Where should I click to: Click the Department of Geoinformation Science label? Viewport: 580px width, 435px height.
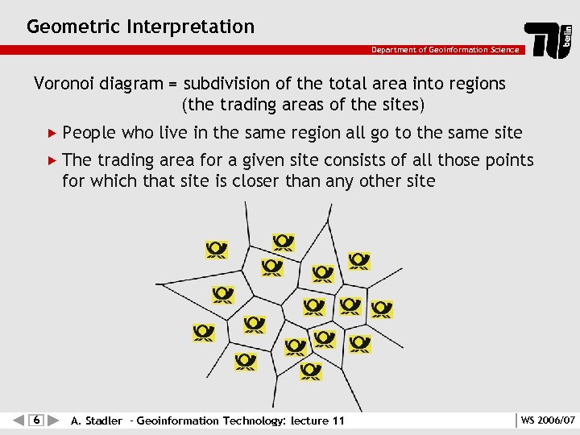[x=445, y=50]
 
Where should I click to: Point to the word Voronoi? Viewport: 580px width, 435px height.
[x=63, y=84]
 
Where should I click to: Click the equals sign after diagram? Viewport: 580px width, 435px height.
[x=173, y=85]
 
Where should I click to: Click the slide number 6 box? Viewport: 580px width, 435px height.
[x=36, y=420]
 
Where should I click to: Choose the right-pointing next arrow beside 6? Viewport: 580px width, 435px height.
[x=53, y=420]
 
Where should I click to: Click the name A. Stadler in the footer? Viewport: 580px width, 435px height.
[x=97, y=420]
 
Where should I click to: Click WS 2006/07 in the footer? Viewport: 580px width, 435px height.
[x=548, y=420]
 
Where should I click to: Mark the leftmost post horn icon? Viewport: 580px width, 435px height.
[x=204, y=332]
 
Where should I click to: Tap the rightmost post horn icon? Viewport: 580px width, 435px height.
[x=382, y=309]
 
